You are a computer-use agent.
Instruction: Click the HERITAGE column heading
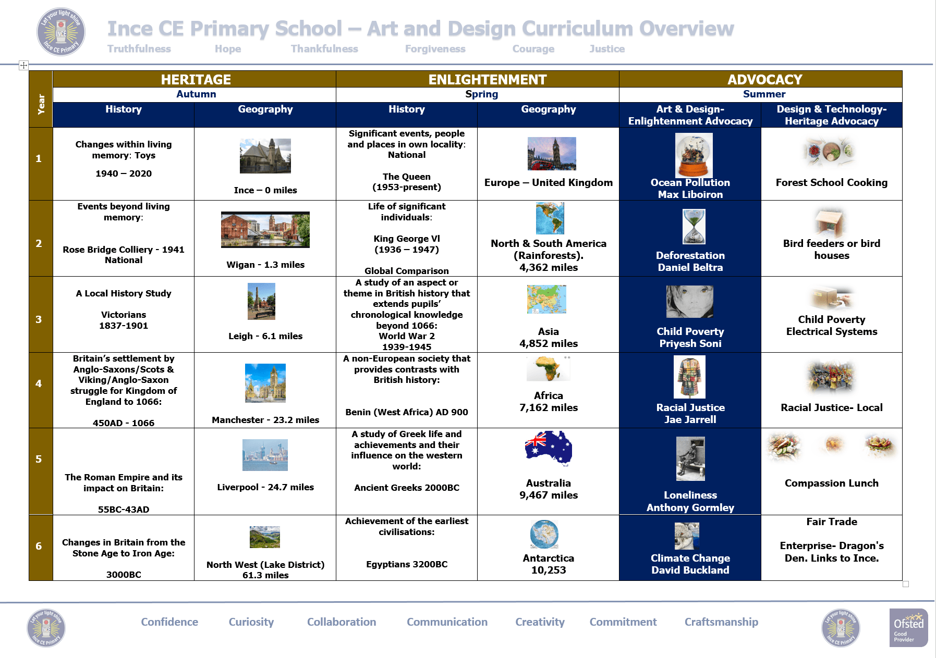(196, 79)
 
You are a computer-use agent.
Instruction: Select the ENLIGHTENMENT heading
(488, 79)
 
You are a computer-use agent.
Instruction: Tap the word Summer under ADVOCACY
(764, 94)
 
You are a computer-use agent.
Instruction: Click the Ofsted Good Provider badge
(908, 627)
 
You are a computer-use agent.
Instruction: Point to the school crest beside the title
(61, 31)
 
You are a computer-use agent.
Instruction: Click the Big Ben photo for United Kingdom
(552, 154)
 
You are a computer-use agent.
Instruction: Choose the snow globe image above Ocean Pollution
(694, 155)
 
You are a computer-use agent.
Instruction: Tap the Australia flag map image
(549, 448)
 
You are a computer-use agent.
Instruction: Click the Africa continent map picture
(549, 369)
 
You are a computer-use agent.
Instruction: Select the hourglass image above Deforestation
(694, 227)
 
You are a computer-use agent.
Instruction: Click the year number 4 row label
(39, 383)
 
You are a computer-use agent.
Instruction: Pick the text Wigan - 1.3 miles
(265, 265)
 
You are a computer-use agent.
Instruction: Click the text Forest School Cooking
(832, 182)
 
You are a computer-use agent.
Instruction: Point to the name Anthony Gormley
(690, 507)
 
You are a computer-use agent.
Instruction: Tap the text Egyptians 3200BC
(407, 564)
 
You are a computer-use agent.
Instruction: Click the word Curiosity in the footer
(251, 622)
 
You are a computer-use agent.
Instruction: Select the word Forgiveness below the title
(435, 49)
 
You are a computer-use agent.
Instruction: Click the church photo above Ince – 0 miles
(265, 156)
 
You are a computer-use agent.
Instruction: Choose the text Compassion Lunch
(832, 483)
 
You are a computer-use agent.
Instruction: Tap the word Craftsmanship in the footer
(721, 622)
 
